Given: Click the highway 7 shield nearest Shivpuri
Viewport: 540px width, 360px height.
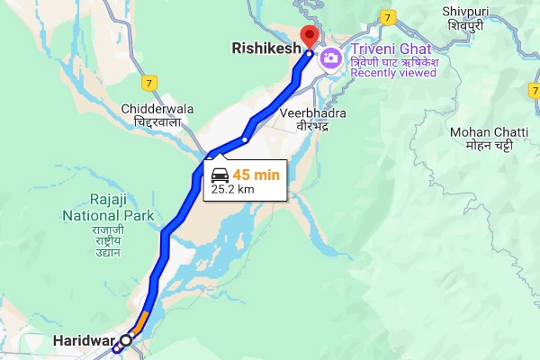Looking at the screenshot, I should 387,16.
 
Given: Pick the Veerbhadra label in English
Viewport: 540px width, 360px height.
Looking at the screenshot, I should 312,114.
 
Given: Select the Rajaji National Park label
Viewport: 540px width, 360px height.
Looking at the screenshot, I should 107,208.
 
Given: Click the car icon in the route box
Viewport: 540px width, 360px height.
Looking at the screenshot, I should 220,175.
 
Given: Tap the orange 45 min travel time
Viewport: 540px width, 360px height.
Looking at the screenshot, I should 257,175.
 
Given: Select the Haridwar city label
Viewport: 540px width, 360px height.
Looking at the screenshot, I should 80,341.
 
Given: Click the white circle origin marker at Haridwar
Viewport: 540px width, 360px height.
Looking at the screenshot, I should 126,340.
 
